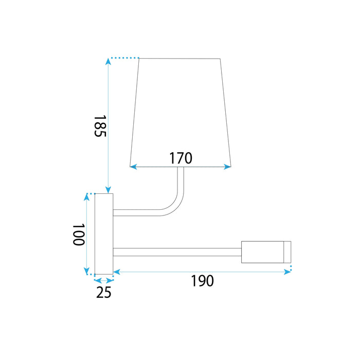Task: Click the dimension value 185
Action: pos(100,126)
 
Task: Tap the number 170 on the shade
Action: pos(181,158)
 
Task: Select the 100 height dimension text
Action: pos(78,235)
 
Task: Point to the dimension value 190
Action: pos(202,281)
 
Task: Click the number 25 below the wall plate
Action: pos(103,293)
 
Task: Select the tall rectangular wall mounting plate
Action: pos(103,234)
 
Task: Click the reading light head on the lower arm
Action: pos(262,252)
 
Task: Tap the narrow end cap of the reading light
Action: pos(287,252)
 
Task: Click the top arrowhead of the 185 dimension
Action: pos(108,62)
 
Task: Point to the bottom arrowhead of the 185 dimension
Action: pos(108,190)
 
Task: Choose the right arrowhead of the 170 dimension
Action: pos(228,167)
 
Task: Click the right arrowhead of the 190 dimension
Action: pos(288,272)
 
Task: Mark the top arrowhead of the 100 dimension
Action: pos(86,197)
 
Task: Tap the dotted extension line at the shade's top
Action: pos(125,58)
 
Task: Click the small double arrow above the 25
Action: pos(104,280)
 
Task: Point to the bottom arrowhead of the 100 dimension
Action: pos(86,272)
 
